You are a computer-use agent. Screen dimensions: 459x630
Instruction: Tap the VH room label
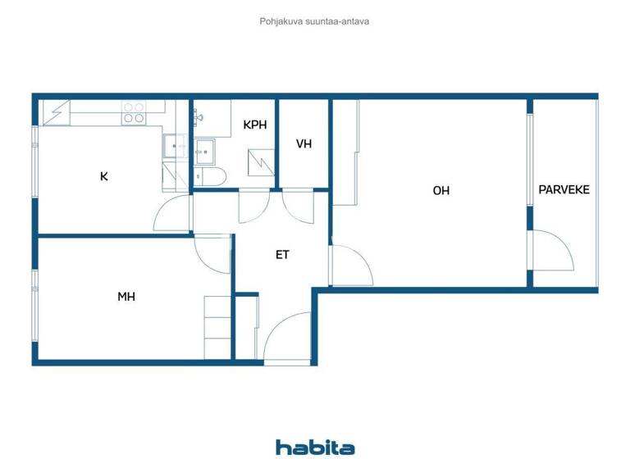[x=304, y=144]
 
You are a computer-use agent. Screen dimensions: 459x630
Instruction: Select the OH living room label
[x=441, y=191]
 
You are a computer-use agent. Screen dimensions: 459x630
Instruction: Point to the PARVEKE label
[x=564, y=190]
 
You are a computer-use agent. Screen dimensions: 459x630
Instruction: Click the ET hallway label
[x=282, y=255]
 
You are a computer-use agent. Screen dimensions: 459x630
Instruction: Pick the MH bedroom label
[x=126, y=297]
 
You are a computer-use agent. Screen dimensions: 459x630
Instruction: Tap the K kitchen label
[x=104, y=175]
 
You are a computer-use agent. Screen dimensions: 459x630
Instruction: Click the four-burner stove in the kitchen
[x=134, y=112]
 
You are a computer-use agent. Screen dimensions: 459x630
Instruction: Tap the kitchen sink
[x=173, y=147]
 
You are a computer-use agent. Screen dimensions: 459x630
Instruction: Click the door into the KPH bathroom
[x=254, y=206]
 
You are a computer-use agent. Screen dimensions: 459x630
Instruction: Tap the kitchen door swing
[x=172, y=215]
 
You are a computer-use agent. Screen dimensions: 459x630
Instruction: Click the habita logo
[x=315, y=447]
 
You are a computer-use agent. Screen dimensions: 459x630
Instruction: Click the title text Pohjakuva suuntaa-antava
[x=314, y=21]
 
